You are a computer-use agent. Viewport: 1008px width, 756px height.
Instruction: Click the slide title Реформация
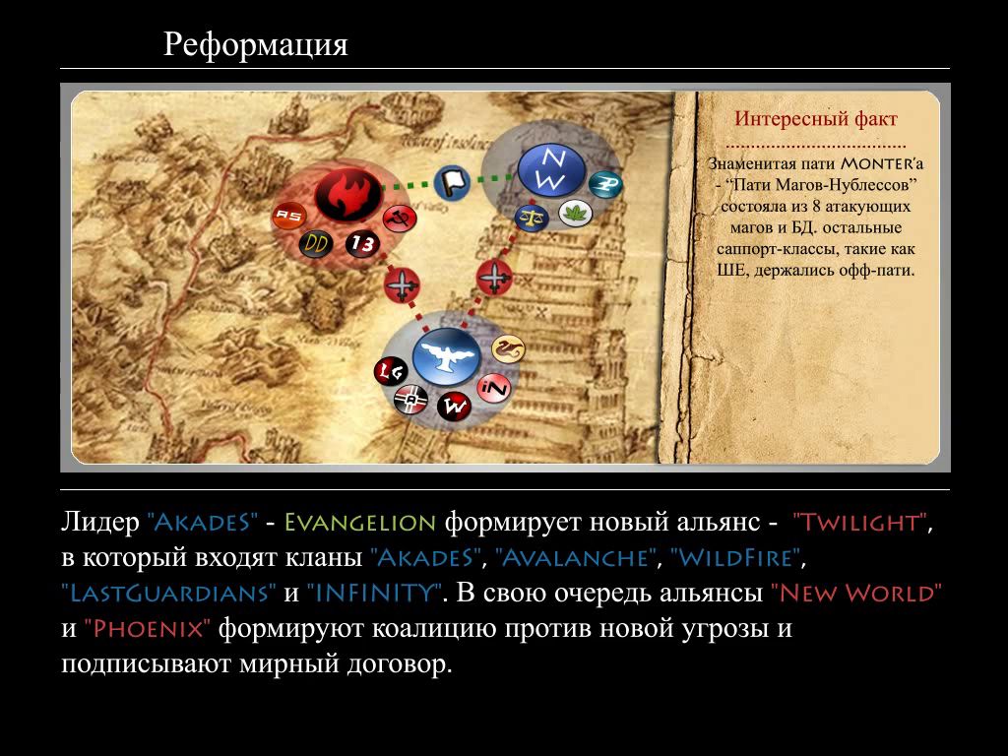pyautogui.click(x=255, y=45)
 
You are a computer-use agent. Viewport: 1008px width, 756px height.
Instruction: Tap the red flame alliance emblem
pyautogui.click(x=347, y=195)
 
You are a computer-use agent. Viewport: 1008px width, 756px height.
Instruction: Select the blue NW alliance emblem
pyautogui.click(x=551, y=169)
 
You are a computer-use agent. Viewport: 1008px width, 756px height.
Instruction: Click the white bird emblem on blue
pyautogui.click(x=446, y=357)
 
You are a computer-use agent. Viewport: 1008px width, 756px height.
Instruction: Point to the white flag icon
pyautogui.click(x=452, y=182)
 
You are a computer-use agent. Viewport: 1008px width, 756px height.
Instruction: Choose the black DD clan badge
pyautogui.click(x=316, y=243)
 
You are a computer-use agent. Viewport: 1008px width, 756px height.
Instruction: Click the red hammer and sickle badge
pyautogui.click(x=399, y=219)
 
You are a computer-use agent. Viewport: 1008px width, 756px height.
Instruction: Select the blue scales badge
pyautogui.click(x=531, y=217)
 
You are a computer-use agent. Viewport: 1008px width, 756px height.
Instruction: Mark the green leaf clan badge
pyautogui.click(x=575, y=213)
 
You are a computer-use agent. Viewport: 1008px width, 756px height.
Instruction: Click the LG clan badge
pyautogui.click(x=391, y=371)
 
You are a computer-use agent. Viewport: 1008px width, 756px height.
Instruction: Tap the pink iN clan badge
pyautogui.click(x=494, y=388)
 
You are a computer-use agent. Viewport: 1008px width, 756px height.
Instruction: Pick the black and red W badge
pyautogui.click(x=455, y=407)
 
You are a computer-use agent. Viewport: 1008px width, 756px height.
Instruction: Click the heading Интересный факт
pyautogui.click(x=816, y=119)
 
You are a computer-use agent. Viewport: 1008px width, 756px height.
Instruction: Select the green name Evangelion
pyautogui.click(x=360, y=522)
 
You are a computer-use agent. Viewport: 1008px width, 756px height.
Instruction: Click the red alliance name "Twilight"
pyautogui.click(x=861, y=522)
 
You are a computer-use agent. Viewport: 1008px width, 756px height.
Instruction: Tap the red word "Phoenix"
pyautogui.click(x=148, y=628)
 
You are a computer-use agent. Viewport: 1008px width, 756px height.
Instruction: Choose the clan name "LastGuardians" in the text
pyautogui.click(x=169, y=593)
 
